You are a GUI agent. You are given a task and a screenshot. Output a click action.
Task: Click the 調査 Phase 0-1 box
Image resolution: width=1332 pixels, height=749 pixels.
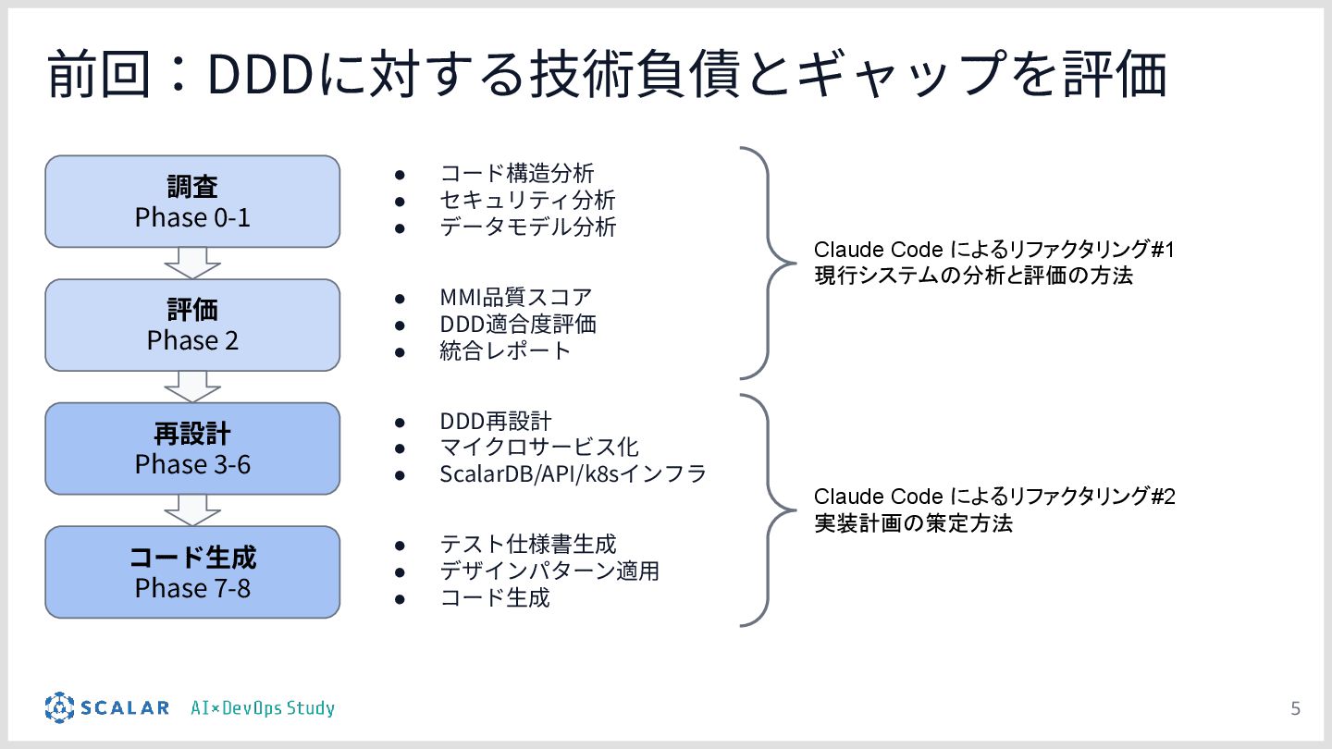click(192, 202)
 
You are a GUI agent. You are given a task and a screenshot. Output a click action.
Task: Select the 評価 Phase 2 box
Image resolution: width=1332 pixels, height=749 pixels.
click(192, 325)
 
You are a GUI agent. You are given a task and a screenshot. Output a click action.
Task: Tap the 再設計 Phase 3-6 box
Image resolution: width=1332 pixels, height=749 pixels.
click(192, 448)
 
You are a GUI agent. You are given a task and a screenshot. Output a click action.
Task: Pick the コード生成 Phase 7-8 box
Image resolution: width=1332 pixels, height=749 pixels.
click(192, 571)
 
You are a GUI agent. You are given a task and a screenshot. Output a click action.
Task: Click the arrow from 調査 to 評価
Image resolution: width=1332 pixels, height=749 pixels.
click(192, 264)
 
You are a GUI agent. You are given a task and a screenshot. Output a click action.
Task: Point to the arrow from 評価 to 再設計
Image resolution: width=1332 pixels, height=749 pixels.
click(192, 387)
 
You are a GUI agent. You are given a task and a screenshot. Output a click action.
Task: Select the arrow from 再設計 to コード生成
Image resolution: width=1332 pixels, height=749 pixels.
click(192, 510)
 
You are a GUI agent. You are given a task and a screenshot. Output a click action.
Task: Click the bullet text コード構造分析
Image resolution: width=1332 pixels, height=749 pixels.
click(517, 173)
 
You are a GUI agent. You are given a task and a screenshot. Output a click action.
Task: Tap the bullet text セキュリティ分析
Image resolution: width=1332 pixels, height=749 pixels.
click(527, 200)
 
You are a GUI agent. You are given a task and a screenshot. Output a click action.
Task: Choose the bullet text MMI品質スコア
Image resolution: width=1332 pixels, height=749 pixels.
click(516, 298)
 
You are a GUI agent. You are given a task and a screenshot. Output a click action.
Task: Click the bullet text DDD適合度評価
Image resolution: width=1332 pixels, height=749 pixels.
click(518, 325)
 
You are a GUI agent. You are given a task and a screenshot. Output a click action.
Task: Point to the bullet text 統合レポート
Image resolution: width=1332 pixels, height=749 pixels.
click(506, 351)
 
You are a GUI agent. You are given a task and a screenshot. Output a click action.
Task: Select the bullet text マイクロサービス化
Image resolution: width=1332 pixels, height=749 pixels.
click(539, 448)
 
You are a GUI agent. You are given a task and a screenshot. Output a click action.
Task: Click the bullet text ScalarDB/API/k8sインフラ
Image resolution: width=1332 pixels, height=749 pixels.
click(573, 474)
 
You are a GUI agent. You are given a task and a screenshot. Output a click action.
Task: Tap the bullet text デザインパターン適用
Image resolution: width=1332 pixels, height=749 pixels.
click(549, 571)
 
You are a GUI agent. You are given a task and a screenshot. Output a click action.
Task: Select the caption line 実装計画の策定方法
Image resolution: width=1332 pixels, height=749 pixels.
click(913, 523)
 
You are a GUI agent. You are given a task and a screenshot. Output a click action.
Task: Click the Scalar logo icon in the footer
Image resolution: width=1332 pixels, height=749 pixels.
click(59, 708)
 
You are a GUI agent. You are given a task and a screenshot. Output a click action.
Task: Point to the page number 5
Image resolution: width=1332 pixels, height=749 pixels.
click(1295, 709)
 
